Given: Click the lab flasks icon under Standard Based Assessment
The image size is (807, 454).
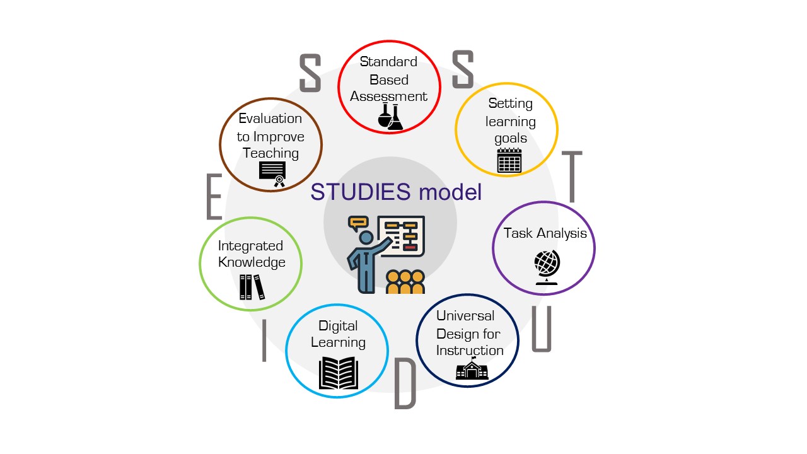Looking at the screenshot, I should tap(390, 117).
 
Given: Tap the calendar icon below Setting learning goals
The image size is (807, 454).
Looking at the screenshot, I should tap(509, 161).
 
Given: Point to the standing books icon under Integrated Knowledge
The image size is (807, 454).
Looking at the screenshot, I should tap(252, 288).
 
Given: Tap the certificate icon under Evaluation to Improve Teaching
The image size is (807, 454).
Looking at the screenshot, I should tap(272, 173).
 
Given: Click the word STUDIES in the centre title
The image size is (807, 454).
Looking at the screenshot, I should tap(361, 192).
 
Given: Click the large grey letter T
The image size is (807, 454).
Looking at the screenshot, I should tap(572, 176).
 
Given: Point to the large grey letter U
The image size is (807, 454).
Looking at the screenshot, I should tap(542, 329).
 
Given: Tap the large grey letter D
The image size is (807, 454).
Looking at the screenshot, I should tap(405, 384).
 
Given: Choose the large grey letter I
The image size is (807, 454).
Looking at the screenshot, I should tap(264, 340).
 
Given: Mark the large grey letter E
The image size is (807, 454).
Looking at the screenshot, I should tap(214, 197).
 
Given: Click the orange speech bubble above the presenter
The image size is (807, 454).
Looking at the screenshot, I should tap(358, 223).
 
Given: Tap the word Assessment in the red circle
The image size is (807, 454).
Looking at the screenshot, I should tap(389, 96).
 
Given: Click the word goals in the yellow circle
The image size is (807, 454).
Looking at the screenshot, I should tap(510, 138).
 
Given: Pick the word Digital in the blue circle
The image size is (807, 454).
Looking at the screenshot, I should tap(338, 326).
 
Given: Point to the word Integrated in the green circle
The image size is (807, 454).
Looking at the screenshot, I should tap(250, 246).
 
